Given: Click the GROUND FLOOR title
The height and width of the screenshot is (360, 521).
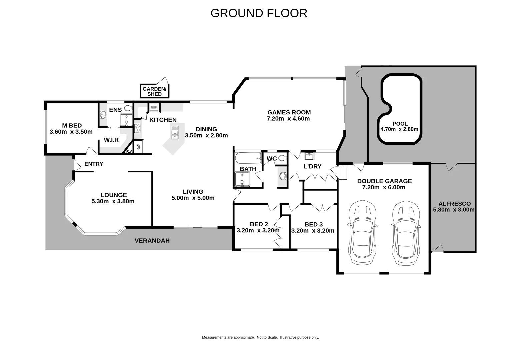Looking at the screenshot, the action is click(x=259, y=13).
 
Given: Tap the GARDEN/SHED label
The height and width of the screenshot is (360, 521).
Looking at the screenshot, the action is click(x=154, y=91).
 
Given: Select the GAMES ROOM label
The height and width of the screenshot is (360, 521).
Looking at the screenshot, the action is click(x=289, y=112).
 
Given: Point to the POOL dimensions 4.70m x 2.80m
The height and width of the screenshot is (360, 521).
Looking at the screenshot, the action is click(x=399, y=129).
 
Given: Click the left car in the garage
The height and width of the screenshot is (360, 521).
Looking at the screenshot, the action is click(x=362, y=232).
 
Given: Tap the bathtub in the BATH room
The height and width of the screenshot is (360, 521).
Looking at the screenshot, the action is click(x=248, y=158).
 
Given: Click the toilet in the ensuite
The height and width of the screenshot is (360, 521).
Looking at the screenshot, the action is click(x=128, y=108).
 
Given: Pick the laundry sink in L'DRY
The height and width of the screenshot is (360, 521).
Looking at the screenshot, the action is click(x=309, y=156).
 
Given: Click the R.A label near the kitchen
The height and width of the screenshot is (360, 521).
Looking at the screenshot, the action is click(x=129, y=152).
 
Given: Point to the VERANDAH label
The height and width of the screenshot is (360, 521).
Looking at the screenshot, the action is click(x=152, y=241).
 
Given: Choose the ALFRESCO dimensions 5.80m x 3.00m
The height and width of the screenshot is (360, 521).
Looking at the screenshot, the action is click(x=454, y=210).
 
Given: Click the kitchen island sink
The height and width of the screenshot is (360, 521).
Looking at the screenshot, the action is click(x=175, y=133).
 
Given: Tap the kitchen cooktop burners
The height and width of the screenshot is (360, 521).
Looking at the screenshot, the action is click(x=137, y=128).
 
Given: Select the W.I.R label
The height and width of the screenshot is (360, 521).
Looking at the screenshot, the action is click(x=111, y=140).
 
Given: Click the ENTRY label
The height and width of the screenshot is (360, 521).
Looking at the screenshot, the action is click(x=94, y=164).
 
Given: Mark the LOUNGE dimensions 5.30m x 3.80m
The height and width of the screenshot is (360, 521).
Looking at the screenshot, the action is click(x=113, y=201).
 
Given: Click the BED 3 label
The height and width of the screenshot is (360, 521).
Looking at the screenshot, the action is click(x=314, y=224).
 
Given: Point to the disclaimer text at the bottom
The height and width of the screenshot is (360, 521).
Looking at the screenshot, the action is click(x=261, y=337).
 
